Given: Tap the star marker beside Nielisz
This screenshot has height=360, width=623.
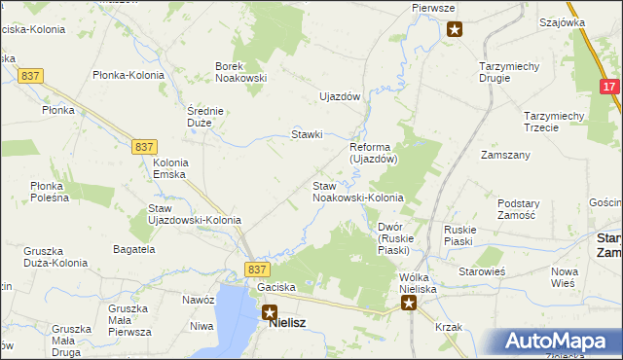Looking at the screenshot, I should (270, 313).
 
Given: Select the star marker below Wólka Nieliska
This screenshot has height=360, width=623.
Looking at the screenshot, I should (410, 304).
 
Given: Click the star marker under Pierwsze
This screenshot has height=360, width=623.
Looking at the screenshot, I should (455, 29).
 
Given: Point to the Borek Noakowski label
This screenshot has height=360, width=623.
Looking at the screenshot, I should (240, 73).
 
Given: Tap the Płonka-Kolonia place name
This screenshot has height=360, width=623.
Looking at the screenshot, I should (128, 75).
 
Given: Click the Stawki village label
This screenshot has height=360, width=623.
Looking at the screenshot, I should (308, 134).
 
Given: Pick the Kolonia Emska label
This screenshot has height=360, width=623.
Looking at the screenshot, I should (170, 168).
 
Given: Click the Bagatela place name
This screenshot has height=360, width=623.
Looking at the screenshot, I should (133, 250).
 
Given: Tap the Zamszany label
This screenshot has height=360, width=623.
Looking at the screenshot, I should (505, 156).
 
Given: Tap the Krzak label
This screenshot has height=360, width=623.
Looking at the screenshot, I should (449, 327).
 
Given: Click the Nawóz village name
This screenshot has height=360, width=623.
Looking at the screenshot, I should (198, 301).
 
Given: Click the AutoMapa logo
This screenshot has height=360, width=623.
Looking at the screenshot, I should (560, 342).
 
